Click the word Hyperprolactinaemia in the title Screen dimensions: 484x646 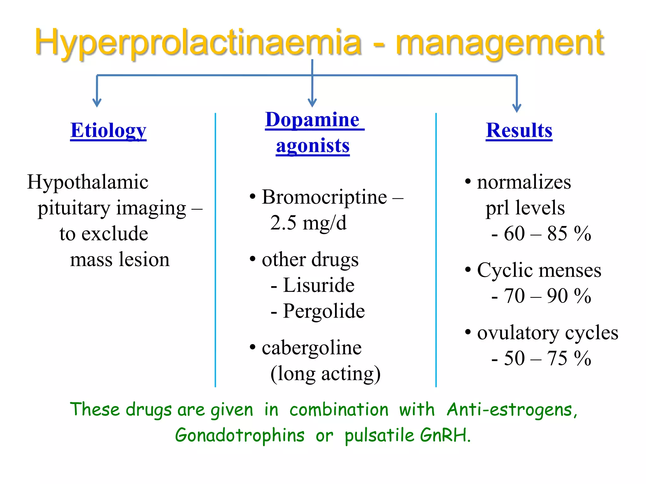(x=198, y=43)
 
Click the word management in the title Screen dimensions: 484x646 (x=500, y=43)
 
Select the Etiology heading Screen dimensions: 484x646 (x=108, y=130)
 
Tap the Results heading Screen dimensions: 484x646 (x=519, y=130)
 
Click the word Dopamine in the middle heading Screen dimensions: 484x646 (x=312, y=120)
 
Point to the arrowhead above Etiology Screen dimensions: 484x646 (x=97, y=103)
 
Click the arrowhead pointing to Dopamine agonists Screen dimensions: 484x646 (x=312, y=103)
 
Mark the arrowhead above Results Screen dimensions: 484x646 (x=517, y=108)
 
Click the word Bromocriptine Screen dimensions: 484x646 (x=324, y=197)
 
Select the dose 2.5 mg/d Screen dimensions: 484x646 (x=308, y=223)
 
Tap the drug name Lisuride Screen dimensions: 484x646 (x=319, y=285)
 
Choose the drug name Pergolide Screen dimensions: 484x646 (x=324, y=311)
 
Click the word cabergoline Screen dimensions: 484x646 (x=312, y=348)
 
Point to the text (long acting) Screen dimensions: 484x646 (x=326, y=374)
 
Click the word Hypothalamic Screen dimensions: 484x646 (x=88, y=182)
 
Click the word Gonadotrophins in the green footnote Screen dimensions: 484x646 (x=240, y=435)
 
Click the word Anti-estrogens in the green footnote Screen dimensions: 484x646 (x=512, y=410)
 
